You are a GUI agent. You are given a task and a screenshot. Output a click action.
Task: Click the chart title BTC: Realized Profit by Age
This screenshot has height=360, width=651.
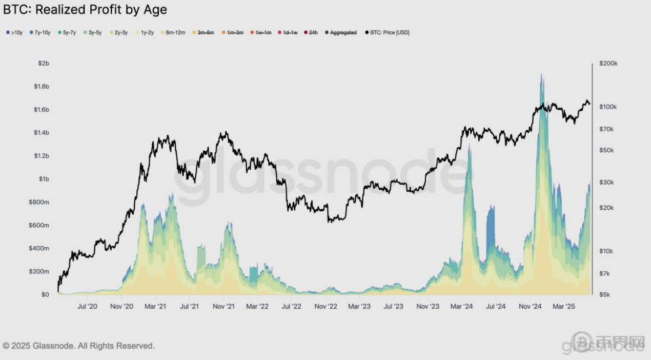[85, 9]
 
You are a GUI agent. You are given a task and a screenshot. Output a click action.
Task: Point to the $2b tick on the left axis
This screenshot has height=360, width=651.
[43, 63]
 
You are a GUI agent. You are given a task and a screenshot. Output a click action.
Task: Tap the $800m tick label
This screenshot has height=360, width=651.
[39, 202]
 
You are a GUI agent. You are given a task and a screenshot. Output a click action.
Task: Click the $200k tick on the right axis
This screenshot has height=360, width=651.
[608, 64]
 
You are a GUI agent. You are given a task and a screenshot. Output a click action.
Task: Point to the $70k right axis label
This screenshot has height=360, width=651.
[607, 129]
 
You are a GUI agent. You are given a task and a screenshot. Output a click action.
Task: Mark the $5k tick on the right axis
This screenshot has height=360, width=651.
[605, 294]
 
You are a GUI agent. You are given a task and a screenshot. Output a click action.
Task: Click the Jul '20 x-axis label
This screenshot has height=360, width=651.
[87, 307]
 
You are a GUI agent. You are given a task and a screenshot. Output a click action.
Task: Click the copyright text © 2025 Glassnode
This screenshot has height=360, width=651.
[78, 346]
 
